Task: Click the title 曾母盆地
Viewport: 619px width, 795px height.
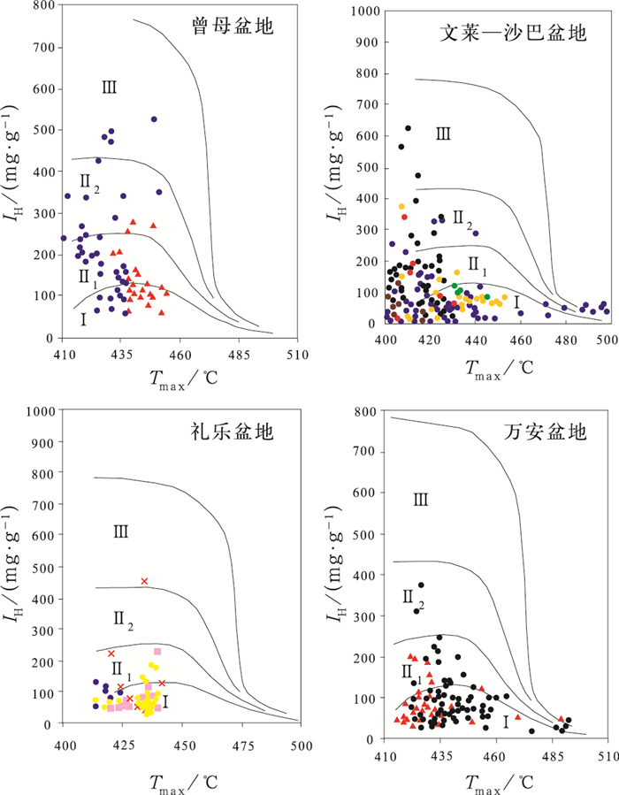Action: coord(231,27)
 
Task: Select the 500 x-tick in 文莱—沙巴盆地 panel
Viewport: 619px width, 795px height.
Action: coord(608,340)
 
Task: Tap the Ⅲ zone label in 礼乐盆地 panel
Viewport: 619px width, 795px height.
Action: coord(121,531)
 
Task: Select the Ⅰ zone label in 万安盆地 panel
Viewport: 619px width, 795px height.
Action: coord(505,722)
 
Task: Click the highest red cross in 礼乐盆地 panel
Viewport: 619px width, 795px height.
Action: coord(144,581)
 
